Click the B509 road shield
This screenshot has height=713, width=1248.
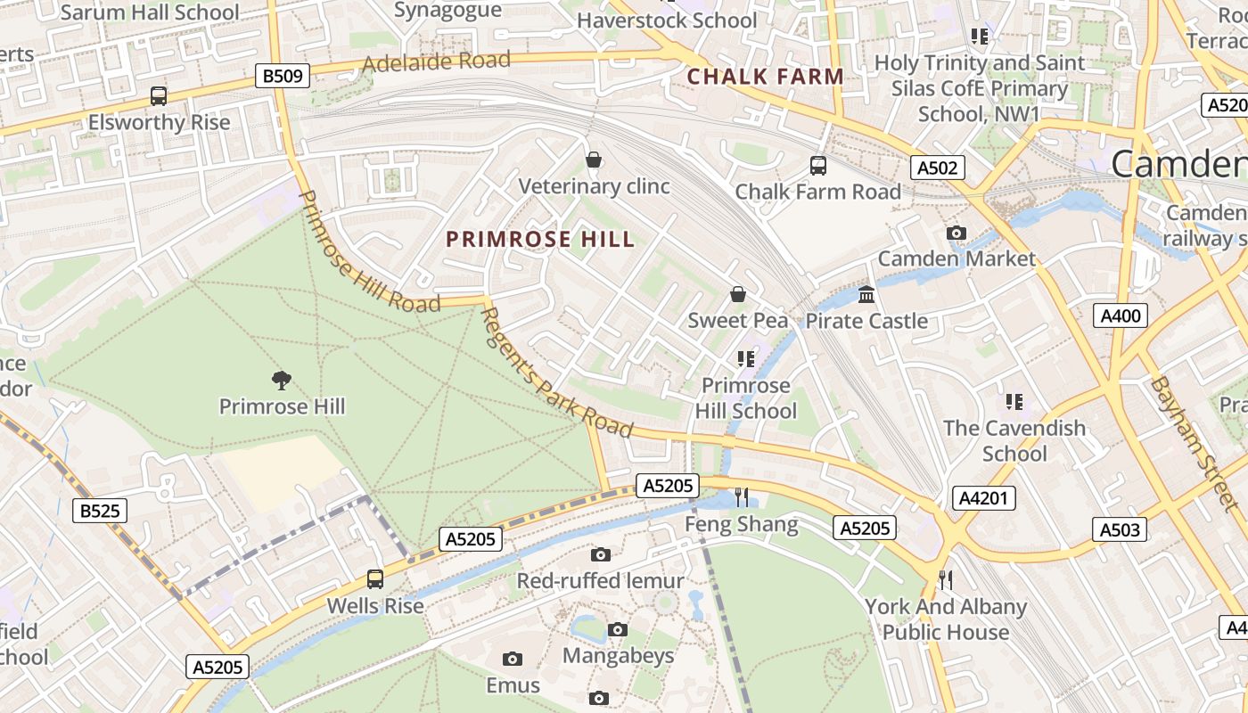click(x=283, y=77)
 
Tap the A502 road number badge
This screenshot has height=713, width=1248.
click(x=938, y=168)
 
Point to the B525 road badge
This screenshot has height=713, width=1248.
click(x=99, y=511)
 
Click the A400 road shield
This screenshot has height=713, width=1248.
click(x=1120, y=315)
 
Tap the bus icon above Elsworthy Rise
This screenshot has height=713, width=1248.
click(x=159, y=96)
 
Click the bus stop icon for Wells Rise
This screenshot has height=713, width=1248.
click(x=375, y=579)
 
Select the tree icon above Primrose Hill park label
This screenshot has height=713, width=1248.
click(x=282, y=381)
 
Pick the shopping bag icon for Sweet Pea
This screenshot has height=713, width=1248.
click(x=738, y=294)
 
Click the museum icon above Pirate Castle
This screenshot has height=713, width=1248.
click(x=866, y=294)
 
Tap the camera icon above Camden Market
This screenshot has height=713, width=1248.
click(x=957, y=234)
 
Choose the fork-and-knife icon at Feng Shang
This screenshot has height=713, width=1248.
click(x=741, y=497)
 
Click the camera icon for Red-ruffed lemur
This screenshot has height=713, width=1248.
click(x=601, y=554)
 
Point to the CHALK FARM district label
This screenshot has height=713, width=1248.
click(x=765, y=77)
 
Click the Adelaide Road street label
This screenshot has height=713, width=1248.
click(x=437, y=62)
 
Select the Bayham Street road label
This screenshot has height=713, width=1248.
click(x=1181, y=431)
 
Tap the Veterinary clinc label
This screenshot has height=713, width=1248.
click(x=594, y=186)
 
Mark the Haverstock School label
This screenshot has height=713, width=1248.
click(x=667, y=20)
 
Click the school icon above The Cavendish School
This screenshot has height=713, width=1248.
click(x=1014, y=402)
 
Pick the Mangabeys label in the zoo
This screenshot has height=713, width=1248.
click(x=618, y=656)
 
